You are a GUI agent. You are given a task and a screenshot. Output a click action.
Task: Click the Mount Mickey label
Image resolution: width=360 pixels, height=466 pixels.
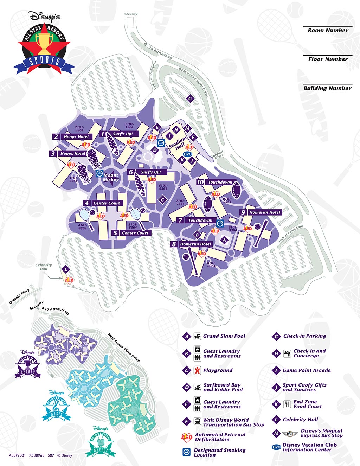point(111,177)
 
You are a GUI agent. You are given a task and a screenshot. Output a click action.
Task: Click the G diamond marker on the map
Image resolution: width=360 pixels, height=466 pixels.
point(190,98)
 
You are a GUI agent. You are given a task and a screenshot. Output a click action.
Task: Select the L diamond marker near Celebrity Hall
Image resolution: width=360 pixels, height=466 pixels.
point(66,269)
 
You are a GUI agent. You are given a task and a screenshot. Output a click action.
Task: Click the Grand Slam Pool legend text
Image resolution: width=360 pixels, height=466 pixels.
point(224,336)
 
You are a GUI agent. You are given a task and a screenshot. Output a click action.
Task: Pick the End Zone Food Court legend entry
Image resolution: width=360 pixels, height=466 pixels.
point(305,404)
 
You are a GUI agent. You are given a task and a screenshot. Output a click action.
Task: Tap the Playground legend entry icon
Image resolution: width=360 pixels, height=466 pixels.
point(198,370)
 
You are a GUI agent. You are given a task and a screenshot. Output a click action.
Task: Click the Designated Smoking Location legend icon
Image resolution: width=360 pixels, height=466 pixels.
point(187,452)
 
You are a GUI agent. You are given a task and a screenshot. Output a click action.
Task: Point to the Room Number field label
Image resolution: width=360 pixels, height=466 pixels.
point(328,31)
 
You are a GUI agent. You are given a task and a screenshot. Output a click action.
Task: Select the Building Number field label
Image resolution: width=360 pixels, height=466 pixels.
point(327,88)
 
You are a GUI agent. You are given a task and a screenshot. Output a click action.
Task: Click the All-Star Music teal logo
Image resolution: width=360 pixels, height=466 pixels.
point(57,407)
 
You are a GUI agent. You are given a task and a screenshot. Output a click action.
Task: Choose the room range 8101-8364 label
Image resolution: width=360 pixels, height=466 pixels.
point(211,264)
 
